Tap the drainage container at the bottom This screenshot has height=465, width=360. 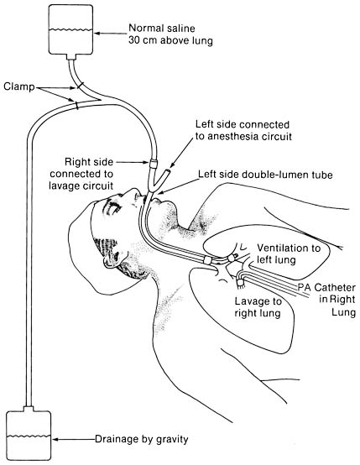click(29, 435)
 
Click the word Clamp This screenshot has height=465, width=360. click(19, 86)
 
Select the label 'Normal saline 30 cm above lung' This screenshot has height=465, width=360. click(170, 34)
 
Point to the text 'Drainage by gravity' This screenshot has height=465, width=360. click(142, 439)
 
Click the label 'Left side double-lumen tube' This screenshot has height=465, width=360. click(265, 175)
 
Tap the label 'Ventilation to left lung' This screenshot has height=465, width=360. click(289, 253)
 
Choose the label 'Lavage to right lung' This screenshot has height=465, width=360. click(258, 307)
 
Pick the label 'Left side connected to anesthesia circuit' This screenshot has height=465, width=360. click(243, 130)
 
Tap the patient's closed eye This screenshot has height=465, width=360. click(113, 209)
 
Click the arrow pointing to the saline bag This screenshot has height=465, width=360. click(110, 34)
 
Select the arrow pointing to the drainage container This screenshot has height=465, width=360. click(73, 439)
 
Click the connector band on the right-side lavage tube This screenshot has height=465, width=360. click(154, 164)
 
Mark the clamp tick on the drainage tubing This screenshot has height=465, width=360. click(77, 105)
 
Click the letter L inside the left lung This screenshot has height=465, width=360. click(243, 246)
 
